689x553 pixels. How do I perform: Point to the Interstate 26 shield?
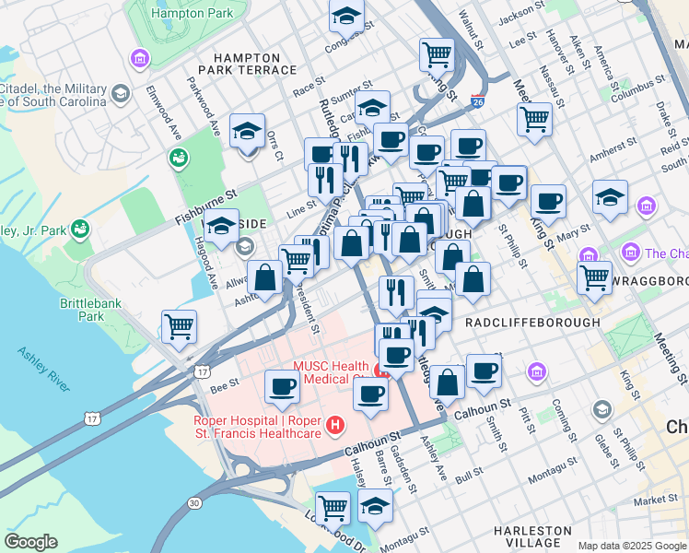click(x=477, y=100)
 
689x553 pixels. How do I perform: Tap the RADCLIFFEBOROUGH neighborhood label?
click(x=532, y=324)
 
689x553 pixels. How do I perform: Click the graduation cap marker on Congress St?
click(x=347, y=16)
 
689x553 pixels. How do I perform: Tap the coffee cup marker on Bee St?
click(x=282, y=387)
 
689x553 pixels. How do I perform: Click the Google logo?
click(x=30, y=542)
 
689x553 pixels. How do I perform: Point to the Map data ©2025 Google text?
click(x=633, y=546)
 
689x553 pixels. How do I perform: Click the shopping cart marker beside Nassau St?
click(x=534, y=120)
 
